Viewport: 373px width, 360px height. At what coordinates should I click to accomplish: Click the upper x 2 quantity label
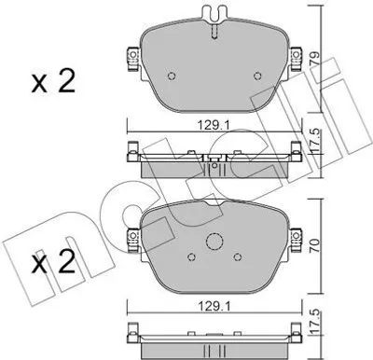(53, 82)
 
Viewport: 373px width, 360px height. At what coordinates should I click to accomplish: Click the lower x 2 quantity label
(53, 263)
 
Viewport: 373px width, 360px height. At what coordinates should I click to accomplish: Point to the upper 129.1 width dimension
(214, 125)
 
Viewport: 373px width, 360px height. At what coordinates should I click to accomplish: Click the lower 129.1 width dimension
(214, 307)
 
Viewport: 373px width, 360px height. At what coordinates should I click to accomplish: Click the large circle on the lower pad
(214, 242)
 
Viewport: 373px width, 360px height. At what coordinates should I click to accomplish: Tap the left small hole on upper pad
(172, 76)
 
